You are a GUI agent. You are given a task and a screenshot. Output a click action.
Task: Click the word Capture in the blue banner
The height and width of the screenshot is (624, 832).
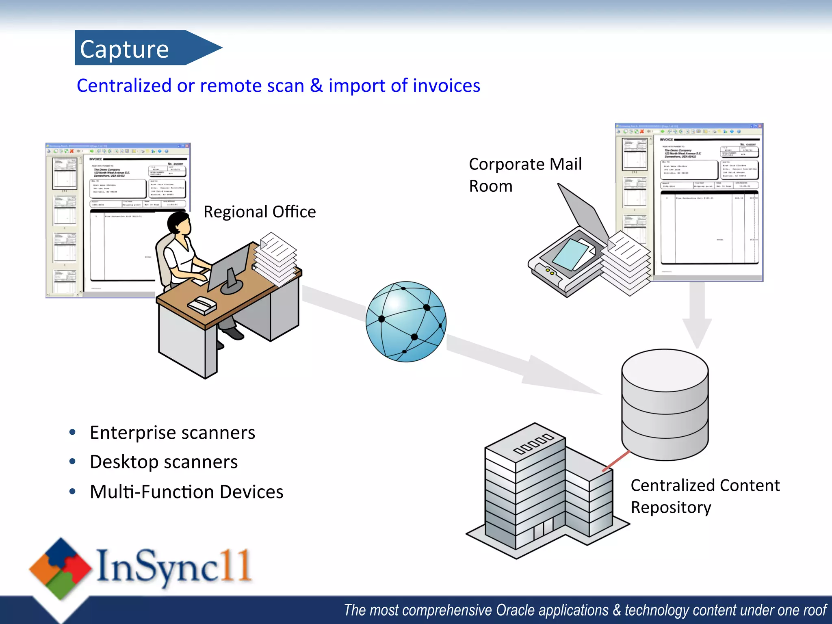tap(124, 49)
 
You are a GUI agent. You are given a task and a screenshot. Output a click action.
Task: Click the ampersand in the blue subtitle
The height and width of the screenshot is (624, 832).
tap(316, 86)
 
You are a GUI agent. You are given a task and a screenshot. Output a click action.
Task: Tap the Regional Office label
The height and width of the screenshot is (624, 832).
tap(260, 212)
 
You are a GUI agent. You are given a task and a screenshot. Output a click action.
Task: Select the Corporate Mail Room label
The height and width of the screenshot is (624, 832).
tap(525, 175)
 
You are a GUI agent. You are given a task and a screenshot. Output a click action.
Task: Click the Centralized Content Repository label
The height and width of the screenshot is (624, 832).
tap(705, 496)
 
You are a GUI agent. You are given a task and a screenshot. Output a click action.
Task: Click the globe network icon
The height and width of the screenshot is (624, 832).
tap(406, 321)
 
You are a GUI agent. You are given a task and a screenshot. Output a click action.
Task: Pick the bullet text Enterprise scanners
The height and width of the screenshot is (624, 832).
tap(172, 432)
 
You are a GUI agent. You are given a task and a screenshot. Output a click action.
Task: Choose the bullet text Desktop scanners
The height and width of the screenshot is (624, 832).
tap(164, 462)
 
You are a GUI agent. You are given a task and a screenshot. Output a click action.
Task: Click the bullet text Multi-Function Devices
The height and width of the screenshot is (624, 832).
tap(186, 492)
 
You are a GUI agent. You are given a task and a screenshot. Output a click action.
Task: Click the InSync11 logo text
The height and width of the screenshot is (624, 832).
tap(174, 566)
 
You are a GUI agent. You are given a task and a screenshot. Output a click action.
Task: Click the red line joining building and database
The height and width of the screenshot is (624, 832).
tap(616, 461)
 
